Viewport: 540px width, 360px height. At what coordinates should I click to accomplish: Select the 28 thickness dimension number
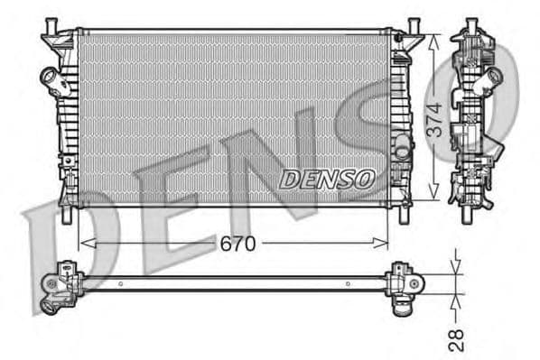tap(457, 339)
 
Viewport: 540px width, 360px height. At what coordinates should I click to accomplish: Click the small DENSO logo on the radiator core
tap(326, 179)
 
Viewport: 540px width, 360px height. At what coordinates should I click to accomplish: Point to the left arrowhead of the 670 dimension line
tap(84, 243)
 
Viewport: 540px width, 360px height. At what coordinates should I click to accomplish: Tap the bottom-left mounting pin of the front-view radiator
tap(67, 217)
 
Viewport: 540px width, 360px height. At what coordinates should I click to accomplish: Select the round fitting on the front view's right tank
tap(398, 142)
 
